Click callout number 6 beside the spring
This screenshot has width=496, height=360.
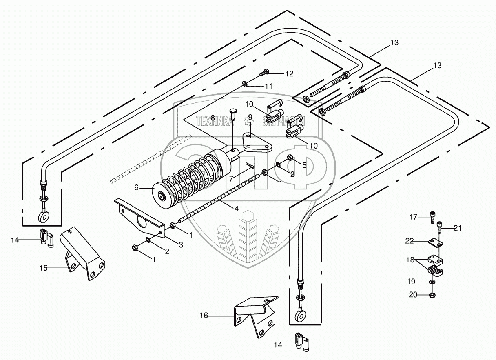tap(136, 188)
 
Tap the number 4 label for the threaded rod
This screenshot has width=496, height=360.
tap(237, 209)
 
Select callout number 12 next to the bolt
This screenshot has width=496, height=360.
tap(289, 74)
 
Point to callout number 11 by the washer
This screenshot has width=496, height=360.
tap(268, 86)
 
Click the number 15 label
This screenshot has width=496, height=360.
tap(44, 268)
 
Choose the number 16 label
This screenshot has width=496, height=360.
tap(204, 315)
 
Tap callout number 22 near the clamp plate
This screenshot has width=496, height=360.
tap(410, 241)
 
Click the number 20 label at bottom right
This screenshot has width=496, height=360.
tap(413, 295)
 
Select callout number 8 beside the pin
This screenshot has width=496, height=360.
tap(213, 118)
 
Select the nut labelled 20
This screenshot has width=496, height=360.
tap(432, 295)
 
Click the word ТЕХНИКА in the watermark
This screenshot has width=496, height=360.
tap(214, 121)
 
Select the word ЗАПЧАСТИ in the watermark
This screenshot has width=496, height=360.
tap(284, 121)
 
